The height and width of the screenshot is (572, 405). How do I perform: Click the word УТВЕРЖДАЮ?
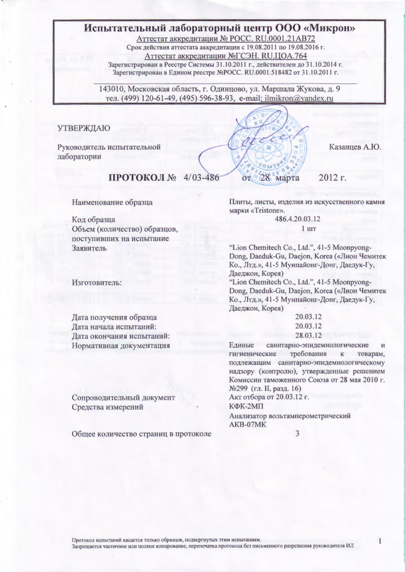click(x=84, y=127)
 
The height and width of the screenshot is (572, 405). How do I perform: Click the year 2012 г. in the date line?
click(x=332, y=178)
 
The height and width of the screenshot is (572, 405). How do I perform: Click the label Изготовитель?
click(x=98, y=282)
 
